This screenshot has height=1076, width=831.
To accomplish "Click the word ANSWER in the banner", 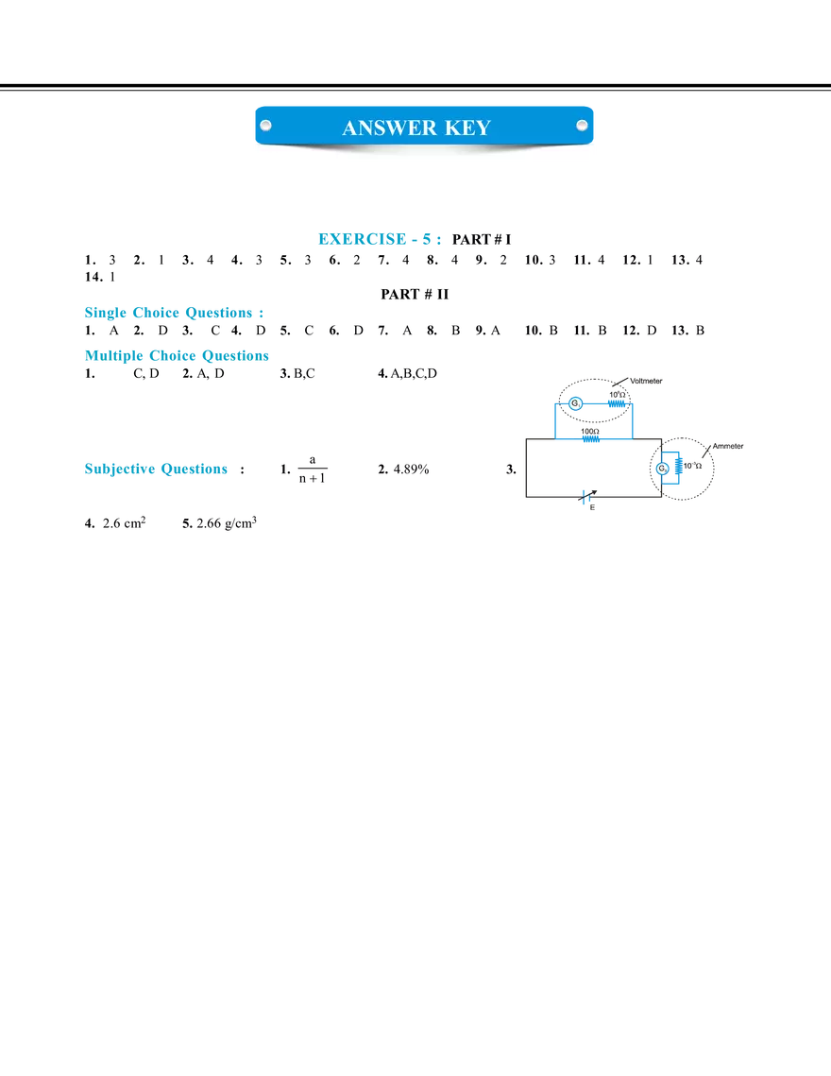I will pyautogui.click(x=382, y=128).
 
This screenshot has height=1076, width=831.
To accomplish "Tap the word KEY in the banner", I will pyautogui.click(x=468, y=128).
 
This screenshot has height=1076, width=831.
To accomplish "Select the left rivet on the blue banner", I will pyautogui.click(x=265, y=125).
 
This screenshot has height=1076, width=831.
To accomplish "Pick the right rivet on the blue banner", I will pyautogui.click(x=582, y=125).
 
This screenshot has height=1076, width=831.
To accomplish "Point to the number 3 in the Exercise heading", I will pyautogui.click(x=430, y=241).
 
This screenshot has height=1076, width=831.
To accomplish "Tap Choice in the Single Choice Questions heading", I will pyautogui.click(x=160, y=312).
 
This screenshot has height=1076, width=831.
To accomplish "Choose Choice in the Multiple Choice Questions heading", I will pyautogui.click(x=176, y=356).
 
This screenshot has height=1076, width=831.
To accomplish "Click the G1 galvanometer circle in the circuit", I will pyautogui.click(x=576, y=404).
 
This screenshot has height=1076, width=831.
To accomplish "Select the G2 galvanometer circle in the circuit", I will pyautogui.click(x=662, y=469).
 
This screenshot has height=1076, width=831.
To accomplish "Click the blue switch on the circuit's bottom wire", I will pyautogui.click(x=586, y=498).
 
